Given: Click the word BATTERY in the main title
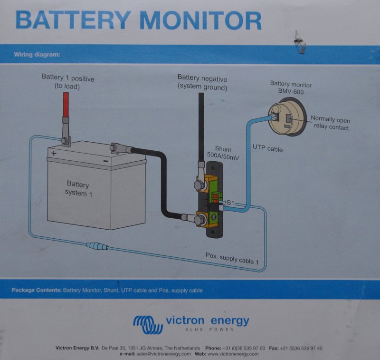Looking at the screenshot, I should pos(72,20).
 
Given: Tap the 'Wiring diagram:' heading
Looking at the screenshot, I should pos(37,54).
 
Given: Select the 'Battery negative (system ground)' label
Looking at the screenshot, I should pos(202,82).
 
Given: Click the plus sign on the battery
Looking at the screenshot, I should pos(54,153).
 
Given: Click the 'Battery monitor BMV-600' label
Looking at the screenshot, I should pos(291,88).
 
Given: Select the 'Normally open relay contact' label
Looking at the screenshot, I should pos(330,123).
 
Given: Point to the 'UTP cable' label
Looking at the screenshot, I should pos(267,149).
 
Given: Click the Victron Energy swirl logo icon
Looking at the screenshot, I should pos(147,324).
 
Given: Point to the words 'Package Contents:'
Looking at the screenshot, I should pos(36,290).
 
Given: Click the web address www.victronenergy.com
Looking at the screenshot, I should pos(233,354).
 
